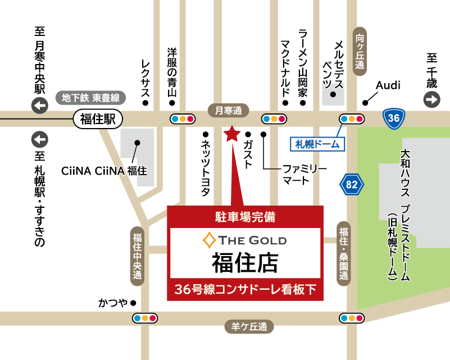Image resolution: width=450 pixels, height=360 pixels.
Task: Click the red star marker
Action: [231, 135]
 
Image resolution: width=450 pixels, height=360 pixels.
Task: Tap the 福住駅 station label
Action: [97, 119]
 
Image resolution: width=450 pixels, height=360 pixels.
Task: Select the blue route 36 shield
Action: [393, 118]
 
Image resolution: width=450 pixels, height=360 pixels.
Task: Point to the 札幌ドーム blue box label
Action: [318, 144]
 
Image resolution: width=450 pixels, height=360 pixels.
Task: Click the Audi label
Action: [388, 85]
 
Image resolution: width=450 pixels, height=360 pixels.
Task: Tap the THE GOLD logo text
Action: [245, 240]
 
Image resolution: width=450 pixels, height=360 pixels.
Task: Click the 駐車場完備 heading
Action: [245, 215]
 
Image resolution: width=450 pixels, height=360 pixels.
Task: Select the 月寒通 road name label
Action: [228, 111]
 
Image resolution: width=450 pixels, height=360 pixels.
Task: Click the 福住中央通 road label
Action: [137, 255]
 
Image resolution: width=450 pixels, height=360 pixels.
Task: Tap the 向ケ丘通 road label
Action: [360, 49]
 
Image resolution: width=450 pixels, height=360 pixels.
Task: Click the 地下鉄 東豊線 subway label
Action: [91, 98]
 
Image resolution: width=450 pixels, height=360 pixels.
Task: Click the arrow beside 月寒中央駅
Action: [40, 105]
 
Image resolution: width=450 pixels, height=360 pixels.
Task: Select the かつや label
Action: [113, 303]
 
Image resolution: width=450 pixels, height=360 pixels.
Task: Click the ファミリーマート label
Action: [296, 174]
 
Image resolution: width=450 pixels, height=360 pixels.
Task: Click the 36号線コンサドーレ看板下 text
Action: [246, 290]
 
